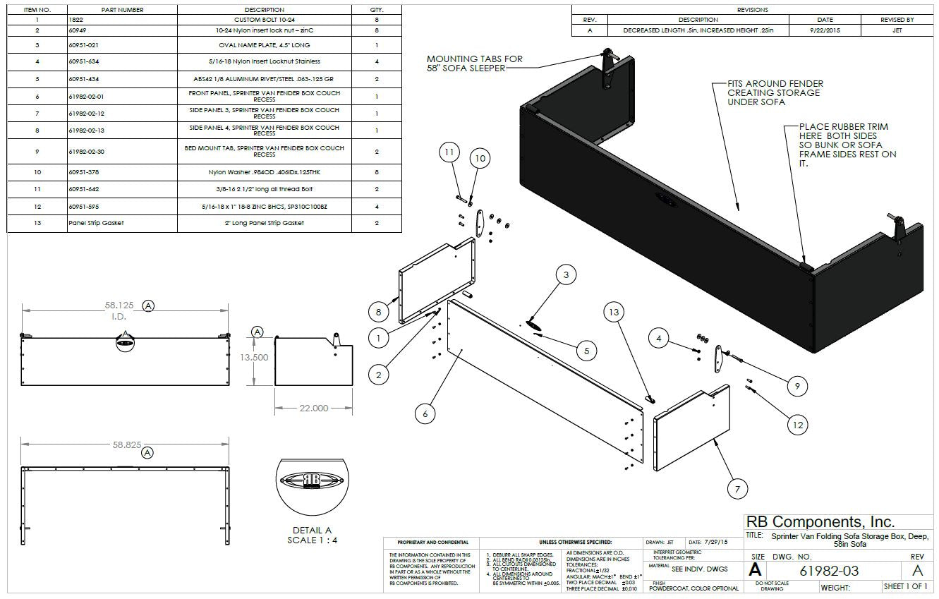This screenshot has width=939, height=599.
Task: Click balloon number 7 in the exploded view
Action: point(737,488)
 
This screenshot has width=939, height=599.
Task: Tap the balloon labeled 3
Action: point(566,276)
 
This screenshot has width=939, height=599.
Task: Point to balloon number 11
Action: point(450,152)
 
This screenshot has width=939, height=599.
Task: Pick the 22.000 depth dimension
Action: point(313,408)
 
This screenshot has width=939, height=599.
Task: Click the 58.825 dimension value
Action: point(127,445)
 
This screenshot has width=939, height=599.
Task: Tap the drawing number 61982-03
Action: point(828,571)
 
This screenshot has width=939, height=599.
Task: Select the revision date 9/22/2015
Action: point(824,30)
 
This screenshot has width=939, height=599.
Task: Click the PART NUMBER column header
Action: point(122,10)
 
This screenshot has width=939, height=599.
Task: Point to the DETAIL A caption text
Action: point(312,531)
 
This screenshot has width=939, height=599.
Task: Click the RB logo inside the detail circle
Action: point(312,480)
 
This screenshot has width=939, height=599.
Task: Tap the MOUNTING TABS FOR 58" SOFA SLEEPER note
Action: point(475,63)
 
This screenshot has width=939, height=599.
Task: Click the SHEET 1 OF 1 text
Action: point(906,586)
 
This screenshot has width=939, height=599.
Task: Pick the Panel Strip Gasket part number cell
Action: point(96,223)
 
